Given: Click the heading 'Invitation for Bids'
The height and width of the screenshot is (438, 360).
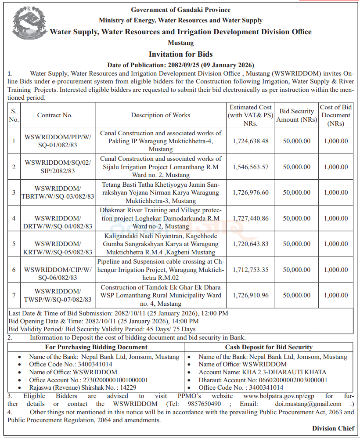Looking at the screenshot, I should [x=180, y=54].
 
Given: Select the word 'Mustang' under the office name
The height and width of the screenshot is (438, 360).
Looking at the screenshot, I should [x=180, y=43].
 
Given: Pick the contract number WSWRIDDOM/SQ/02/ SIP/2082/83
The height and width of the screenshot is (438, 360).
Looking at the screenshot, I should [x=58, y=167].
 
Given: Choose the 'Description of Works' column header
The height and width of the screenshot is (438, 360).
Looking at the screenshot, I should [x=160, y=115].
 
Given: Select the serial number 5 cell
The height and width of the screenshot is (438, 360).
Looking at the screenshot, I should [x=14, y=244].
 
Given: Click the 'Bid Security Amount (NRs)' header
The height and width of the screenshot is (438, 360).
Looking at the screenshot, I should [x=296, y=116].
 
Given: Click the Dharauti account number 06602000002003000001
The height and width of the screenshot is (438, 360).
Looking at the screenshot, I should [x=281, y=380].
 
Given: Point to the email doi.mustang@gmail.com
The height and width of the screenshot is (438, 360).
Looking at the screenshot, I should [x=311, y=404].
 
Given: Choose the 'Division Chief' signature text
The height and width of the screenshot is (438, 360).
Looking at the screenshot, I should [x=333, y=428].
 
